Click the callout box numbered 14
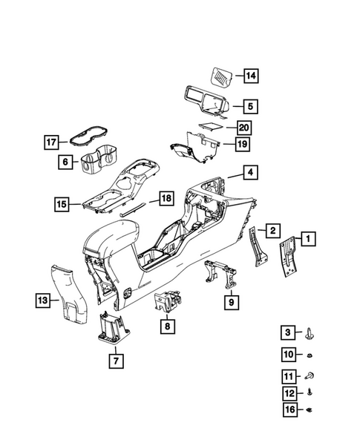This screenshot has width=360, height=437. pyautogui.click(x=251, y=76)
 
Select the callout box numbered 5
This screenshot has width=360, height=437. pyautogui.click(x=251, y=106)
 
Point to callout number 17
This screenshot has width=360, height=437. pyautogui.click(x=51, y=141)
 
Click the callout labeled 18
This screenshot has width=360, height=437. pyautogui.click(x=167, y=199)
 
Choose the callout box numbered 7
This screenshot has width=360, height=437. pyautogui.click(x=114, y=361)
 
